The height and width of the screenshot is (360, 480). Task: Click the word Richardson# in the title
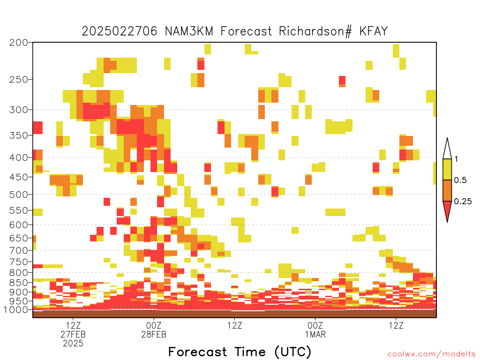click(315, 31)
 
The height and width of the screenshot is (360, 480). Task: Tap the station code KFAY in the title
click(374, 31)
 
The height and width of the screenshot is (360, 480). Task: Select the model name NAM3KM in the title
click(189, 31)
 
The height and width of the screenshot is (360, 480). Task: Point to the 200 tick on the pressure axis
click(18, 43)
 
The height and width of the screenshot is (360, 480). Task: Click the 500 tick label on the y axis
click(18, 195)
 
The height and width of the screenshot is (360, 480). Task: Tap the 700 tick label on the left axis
click(18, 250)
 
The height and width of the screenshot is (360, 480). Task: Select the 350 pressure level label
click(18, 135)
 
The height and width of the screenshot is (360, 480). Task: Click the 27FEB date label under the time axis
click(73, 334)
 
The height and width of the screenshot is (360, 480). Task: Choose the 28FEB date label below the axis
click(154, 334)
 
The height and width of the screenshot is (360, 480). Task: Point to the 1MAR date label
click(315, 334)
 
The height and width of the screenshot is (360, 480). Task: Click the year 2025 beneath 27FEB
click(73, 344)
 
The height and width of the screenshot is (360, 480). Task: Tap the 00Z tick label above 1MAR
click(315, 325)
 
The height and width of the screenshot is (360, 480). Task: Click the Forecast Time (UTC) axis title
click(240, 352)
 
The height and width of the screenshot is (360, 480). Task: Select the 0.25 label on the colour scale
click(463, 202)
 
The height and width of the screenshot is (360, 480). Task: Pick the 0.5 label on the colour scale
click(460, 180)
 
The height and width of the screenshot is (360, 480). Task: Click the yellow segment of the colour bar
click(447, 169)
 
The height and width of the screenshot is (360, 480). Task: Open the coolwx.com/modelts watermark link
click(431, 354)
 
